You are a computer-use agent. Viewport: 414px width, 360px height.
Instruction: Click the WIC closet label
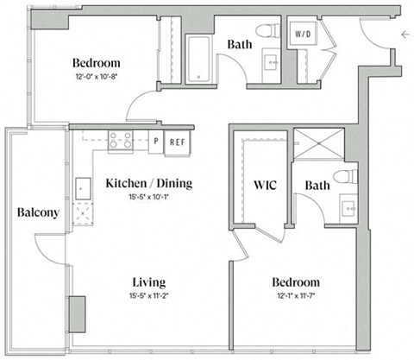pos(264,185)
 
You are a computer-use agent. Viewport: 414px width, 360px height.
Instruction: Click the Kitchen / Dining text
pos(148,183)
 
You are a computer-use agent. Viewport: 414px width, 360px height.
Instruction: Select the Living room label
pos(148,283)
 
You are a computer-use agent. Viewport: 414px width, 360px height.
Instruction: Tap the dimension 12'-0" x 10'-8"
pos(96,78)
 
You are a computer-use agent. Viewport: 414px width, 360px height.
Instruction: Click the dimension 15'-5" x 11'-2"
pos(148,298)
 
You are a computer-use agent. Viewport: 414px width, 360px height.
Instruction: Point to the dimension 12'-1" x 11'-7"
pos(296,298)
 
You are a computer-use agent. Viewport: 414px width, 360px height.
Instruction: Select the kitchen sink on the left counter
pos(84,187)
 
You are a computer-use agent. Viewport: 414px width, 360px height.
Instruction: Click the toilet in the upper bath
pos(270,33)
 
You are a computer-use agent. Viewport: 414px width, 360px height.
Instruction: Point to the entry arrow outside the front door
pos(405,35)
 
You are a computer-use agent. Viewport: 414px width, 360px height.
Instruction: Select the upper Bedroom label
pos(96,64)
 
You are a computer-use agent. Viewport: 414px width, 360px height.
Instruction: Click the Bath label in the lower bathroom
pos(317,185)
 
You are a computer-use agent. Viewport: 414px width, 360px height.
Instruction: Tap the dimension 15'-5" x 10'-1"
pos(148,198)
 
